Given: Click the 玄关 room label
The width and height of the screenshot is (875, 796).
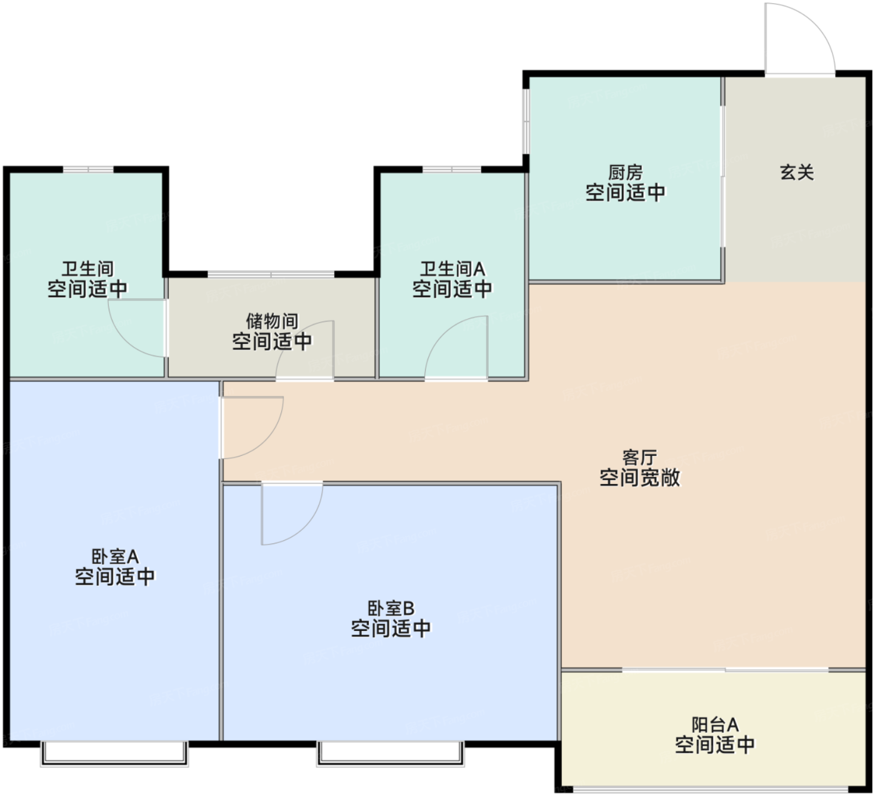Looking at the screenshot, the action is coord(796,173).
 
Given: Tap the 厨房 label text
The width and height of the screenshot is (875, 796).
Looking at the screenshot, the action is coord(625,173).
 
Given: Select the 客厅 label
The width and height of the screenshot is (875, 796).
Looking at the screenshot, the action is coord(639,457).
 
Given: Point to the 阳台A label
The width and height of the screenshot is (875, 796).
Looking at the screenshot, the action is coord(714,725).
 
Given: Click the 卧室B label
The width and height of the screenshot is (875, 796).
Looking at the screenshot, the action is coord(391,608).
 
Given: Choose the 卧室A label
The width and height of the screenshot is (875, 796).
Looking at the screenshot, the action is coord(115,557).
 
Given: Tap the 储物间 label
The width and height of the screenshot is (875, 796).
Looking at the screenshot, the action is coord(272,321).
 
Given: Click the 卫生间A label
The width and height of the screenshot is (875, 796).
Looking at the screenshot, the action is coord(452,269).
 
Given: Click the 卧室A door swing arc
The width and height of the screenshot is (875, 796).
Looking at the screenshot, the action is coord(271,441).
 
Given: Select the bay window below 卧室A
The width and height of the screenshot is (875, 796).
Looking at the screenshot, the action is coord(114,753).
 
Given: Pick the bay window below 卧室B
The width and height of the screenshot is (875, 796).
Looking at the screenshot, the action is coord(391,753).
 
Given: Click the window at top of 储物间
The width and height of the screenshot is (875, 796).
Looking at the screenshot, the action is coord(271,274).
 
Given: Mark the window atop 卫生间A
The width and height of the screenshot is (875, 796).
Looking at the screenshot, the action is coord(452,169).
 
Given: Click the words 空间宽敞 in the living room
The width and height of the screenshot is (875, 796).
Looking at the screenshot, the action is coord(639,478).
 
